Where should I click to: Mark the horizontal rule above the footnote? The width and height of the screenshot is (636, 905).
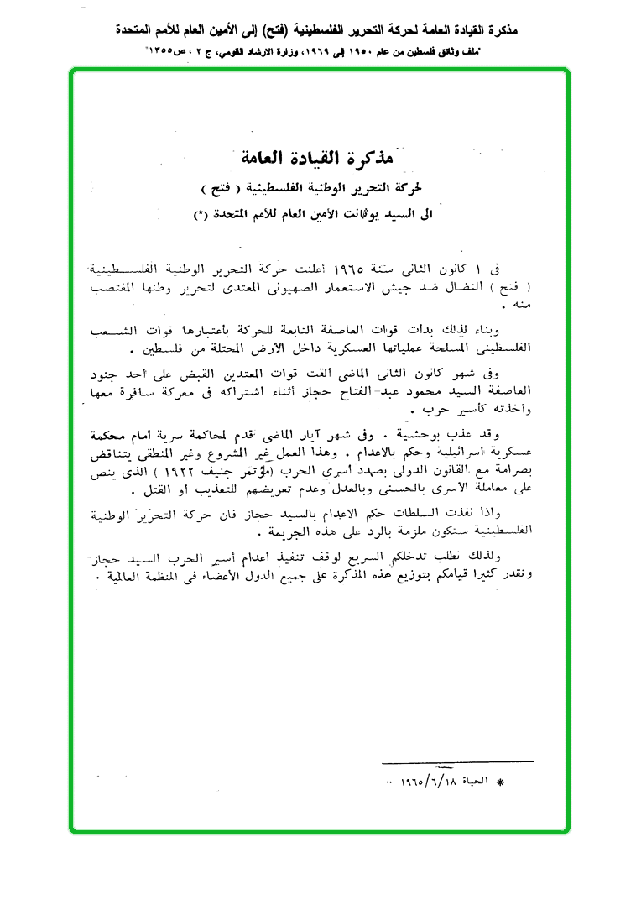click(457, 761)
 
